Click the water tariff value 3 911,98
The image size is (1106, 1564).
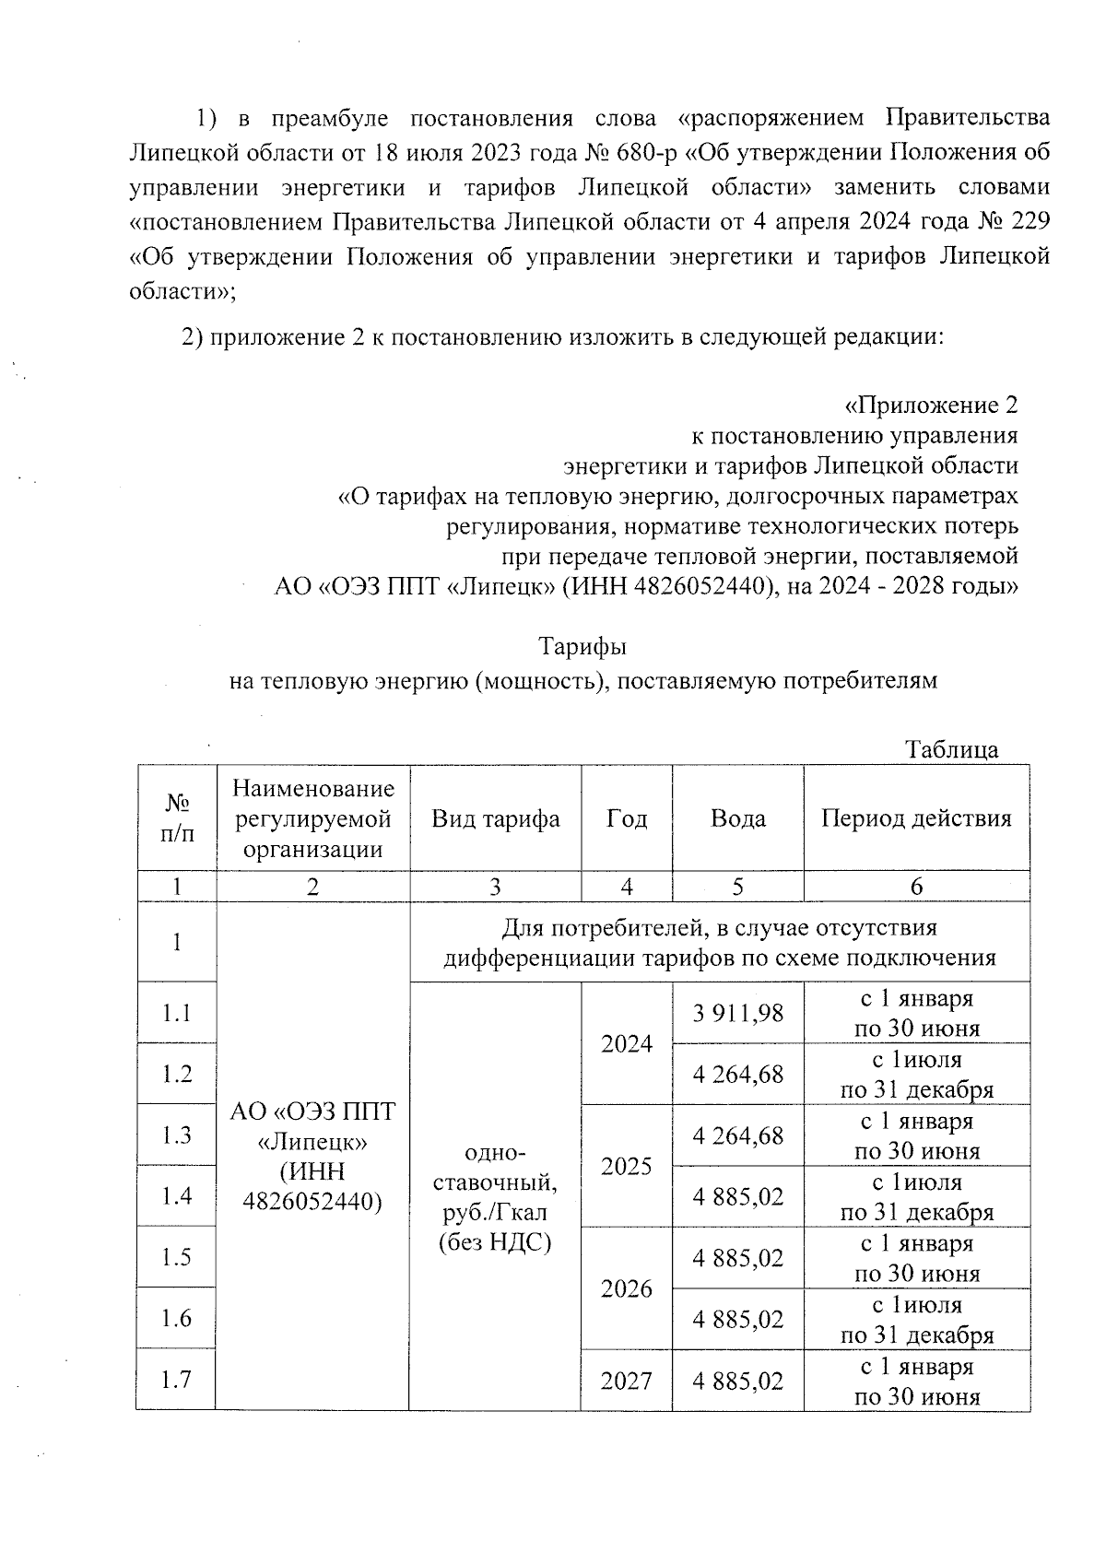coord(737,1013)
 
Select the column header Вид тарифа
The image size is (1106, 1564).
coord(495,818)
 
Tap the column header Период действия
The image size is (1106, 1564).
coord(916,818)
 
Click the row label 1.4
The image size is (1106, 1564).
coord(176,1196)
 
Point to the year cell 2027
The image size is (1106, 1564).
coord(627,1381)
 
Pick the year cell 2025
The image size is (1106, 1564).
coord(627,1166)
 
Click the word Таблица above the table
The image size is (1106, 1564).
coord(951,749)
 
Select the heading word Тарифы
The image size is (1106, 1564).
coord(582,647)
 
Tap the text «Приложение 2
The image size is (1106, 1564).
coord(931,406)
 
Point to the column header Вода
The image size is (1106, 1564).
coord(737,818)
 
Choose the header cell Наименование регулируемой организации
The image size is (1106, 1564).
coord(312,818)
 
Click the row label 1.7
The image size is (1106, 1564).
coord(176,1380)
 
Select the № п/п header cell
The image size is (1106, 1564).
coord(176,818)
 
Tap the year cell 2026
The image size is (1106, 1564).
coord(627,1288)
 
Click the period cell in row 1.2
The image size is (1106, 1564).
coord(916,1075)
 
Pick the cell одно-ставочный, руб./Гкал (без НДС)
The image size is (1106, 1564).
coord(495,1196)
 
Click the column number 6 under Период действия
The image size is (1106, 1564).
coord(916,887)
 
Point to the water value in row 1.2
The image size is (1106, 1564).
coord(737,1075)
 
